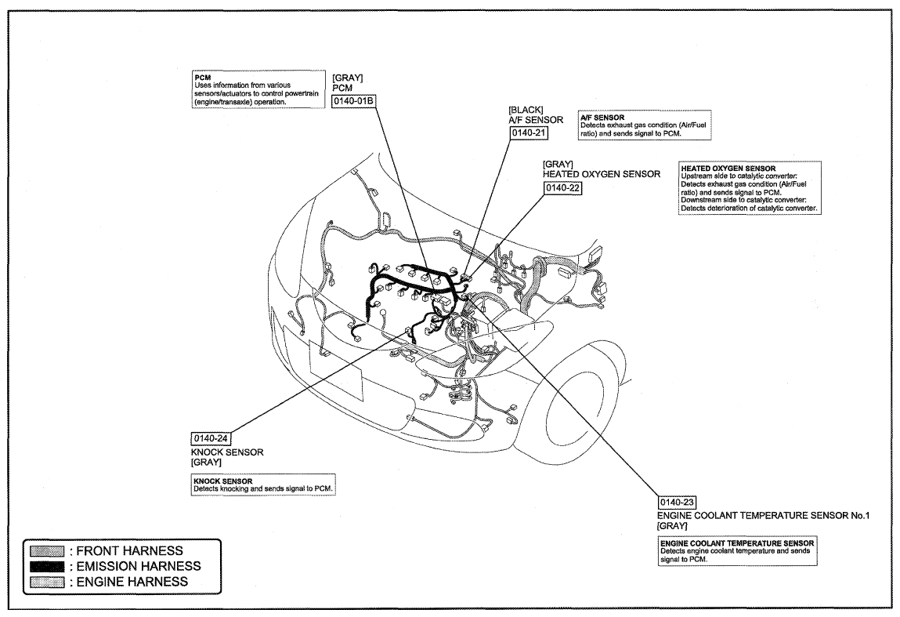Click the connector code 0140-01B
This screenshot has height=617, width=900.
(x=353, y=101)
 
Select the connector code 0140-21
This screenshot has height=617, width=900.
(x=529, y=132)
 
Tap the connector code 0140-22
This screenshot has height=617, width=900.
(x=562, y=188)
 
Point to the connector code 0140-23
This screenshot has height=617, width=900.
(x=678, y=502)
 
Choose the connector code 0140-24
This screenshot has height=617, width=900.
(x=211, y=438)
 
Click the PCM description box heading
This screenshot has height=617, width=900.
(x=203, y=78)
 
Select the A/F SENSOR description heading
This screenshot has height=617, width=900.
(x=602, y=117)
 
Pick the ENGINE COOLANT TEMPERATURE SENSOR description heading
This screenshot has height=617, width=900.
(x=737, y=543)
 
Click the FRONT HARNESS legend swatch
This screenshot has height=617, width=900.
(x=46, y=551)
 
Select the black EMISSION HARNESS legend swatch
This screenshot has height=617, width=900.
(x=46, y=567)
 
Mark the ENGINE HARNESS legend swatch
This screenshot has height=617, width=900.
(x=46, y=582)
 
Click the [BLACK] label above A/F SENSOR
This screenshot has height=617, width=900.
(x=526, y=110)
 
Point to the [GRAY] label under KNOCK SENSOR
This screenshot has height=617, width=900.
(x=206, y=462)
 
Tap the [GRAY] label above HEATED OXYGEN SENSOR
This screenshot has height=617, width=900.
(x=558, y=165)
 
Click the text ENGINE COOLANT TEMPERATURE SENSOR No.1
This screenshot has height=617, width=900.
(x=764, y=515)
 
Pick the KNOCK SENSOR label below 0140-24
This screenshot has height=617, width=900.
(x=227, y=452)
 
